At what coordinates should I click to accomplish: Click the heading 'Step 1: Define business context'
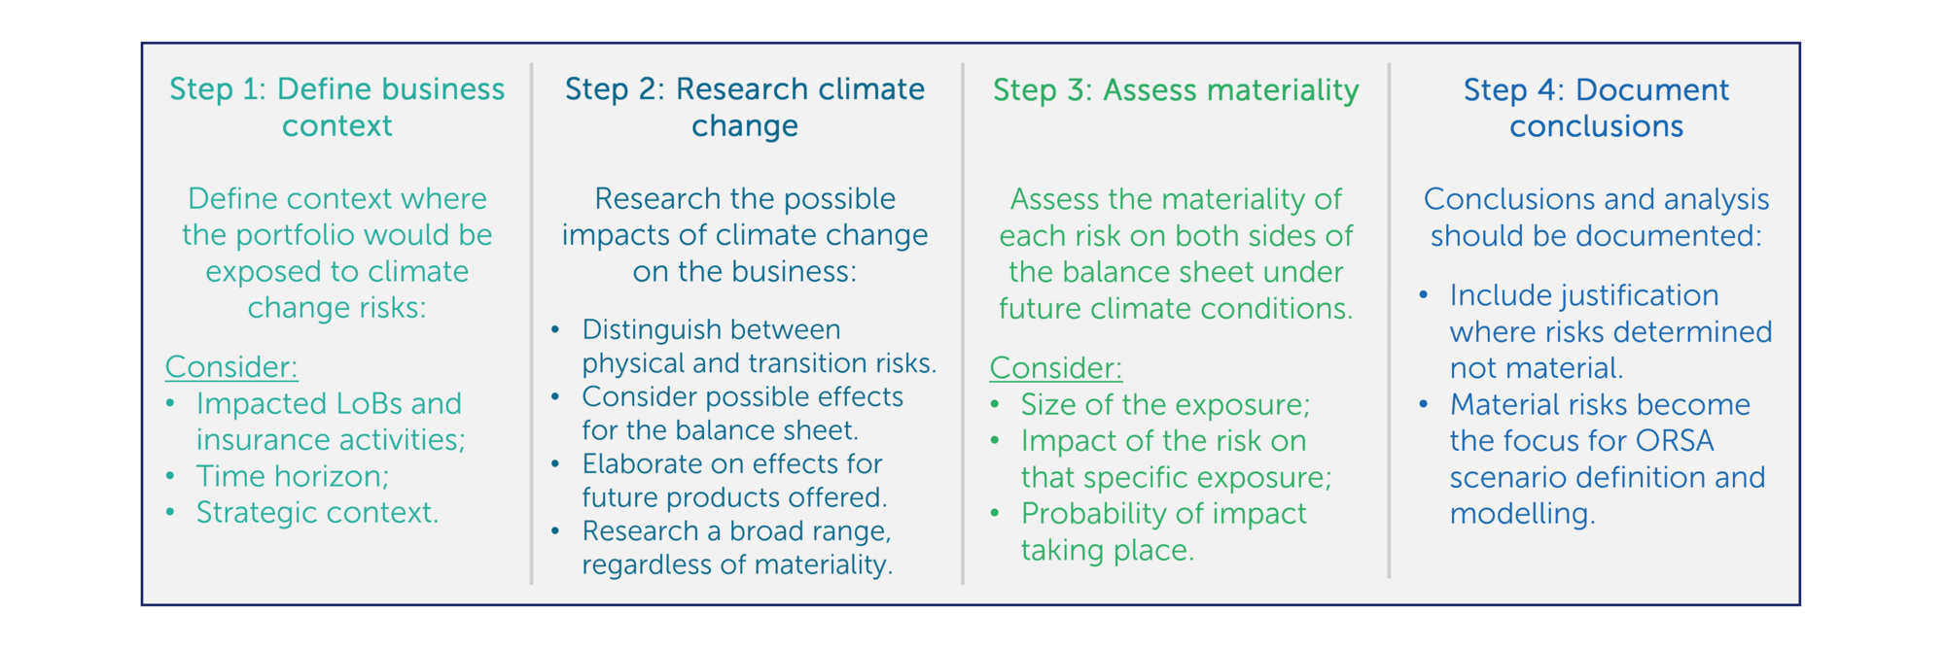pos(336,107)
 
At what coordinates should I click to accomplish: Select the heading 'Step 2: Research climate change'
pos(745,107)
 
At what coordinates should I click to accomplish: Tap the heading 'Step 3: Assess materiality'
pos(1176,89)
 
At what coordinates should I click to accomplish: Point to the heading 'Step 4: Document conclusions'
pos(1596,107)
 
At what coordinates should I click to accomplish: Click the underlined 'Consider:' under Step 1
pos(231,366)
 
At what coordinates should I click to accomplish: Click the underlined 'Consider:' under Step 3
pos(1056,368)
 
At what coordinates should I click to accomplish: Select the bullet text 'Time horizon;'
pos(293,476)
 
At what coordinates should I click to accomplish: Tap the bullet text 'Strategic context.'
pos(318,512)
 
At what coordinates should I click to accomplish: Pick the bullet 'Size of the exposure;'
pos(1166,404)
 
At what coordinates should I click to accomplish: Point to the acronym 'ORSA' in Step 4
pos(1675,440)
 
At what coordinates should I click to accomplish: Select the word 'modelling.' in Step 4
pos(1523,513)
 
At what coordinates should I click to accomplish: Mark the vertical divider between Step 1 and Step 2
pos(532,324)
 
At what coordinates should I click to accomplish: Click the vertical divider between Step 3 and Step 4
pos(1389,321)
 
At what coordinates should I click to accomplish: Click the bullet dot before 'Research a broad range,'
pos(555,531)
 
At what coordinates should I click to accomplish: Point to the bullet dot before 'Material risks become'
pos(1423,404)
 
